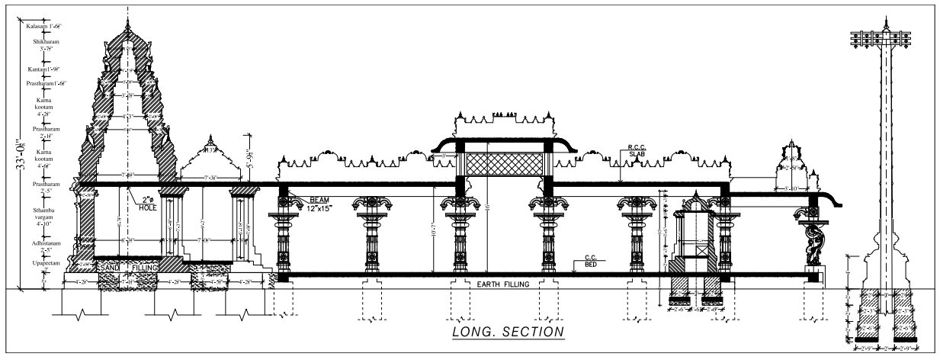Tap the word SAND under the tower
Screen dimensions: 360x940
112,268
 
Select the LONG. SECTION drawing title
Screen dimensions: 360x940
508,332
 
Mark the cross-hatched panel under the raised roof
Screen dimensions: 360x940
504,164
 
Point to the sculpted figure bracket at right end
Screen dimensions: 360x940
810,243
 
